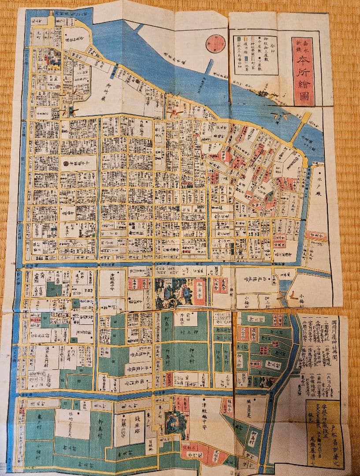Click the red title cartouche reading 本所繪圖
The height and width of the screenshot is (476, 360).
coord(303,71)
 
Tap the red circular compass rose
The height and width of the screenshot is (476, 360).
coord(216,44)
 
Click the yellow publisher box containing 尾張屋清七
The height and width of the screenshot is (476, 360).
coord(323,434)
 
